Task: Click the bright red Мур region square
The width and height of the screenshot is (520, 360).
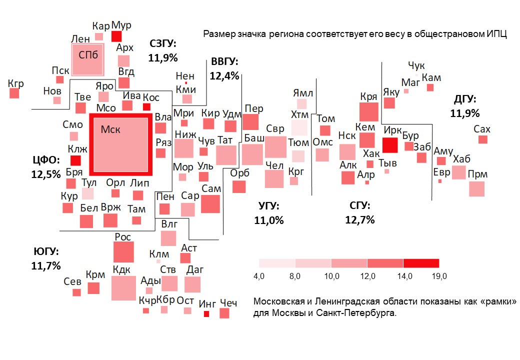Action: click(116, 36)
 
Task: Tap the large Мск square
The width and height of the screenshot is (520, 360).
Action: click(120, 145)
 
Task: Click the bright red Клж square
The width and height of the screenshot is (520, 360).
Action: click(75, 160)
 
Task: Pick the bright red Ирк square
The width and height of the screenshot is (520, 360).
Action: click(390, 145)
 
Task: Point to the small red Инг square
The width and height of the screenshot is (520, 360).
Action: click(206, 314)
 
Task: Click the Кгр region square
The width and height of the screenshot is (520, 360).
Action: click(14, 93)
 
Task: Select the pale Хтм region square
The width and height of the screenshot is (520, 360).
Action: click(299, 127)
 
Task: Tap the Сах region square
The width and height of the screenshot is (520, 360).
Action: click(482, 139)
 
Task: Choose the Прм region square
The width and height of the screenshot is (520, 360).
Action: click(476, 189)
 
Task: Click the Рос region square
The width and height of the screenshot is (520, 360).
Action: click(123, 252)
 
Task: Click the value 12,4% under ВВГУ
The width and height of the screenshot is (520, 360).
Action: click(223, 76)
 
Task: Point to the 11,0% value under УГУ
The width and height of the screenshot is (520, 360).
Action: click(268, 220)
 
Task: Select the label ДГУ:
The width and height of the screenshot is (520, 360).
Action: click(464, 99)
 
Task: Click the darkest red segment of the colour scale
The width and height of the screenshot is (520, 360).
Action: click(421, 263)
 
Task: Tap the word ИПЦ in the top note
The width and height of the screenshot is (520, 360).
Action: click(496, 34)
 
